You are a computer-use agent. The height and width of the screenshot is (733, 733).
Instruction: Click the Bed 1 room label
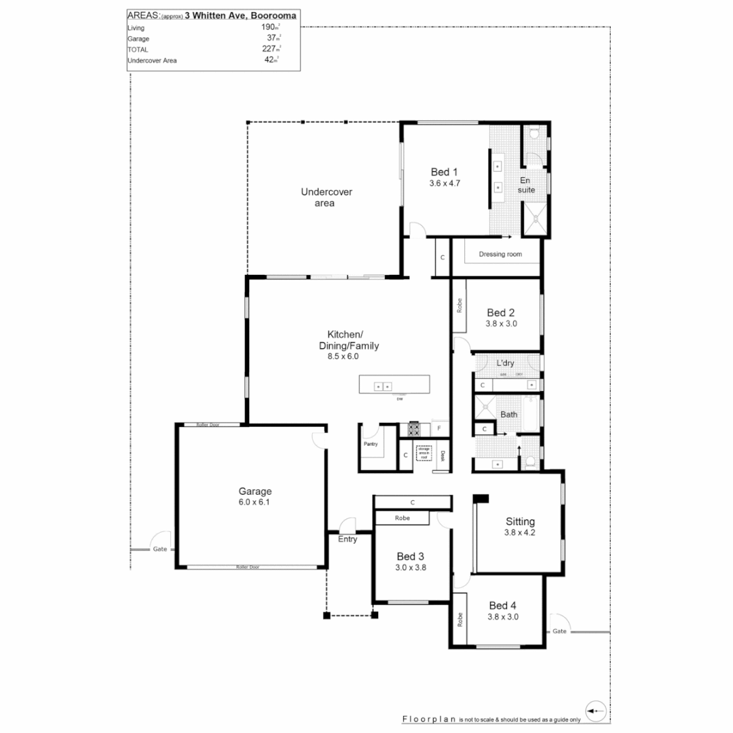pyautogui.click(x=445, y=172)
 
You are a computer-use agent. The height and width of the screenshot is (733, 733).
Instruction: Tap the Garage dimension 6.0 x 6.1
pyautogui.click(x=255, y=502)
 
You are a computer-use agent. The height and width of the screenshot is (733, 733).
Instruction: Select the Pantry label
pyautogui.click(x=371, y=444)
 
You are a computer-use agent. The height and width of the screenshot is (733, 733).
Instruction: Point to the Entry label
pyautogui.click(x=347, y=540)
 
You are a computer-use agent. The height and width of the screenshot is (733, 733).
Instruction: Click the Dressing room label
pyautogui.click(x=500, y=255)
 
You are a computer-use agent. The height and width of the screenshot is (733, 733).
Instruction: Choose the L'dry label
pyautogui.click(x=506, y=363)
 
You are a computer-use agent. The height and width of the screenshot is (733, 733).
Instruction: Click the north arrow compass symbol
pyautogui.click(x=596, y=711)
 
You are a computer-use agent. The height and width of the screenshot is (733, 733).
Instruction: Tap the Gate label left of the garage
pyautogui.click(x=159, y=548)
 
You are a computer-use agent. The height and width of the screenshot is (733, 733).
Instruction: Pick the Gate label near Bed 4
pyautogui.click(x=559, y=631)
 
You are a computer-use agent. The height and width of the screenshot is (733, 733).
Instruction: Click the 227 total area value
pyautogui.click(x=270, y=49)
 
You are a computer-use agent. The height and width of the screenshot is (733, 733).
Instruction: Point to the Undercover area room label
pyautogui.click(x=326, y=198)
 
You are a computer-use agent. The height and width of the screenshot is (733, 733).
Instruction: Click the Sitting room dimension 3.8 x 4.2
pyautogui.click(x=520, y=533)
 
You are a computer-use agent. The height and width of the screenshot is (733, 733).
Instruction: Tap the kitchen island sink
pyautogui.click(x=383, y=386)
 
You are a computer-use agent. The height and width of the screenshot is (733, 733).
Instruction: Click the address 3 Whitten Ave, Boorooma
pyautogui.click(x=240, y=15)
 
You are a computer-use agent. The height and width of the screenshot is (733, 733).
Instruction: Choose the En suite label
pyautogui.click(x=527, y=185)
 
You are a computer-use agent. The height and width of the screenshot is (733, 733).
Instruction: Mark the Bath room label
pyautogui.click(x=508, y=414)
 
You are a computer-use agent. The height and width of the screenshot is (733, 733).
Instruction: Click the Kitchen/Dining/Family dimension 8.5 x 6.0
pyautogui.click(x=343, y=356)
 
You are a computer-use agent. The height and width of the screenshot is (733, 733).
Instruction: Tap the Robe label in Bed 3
pyautogui.click(x=402, y=518)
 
